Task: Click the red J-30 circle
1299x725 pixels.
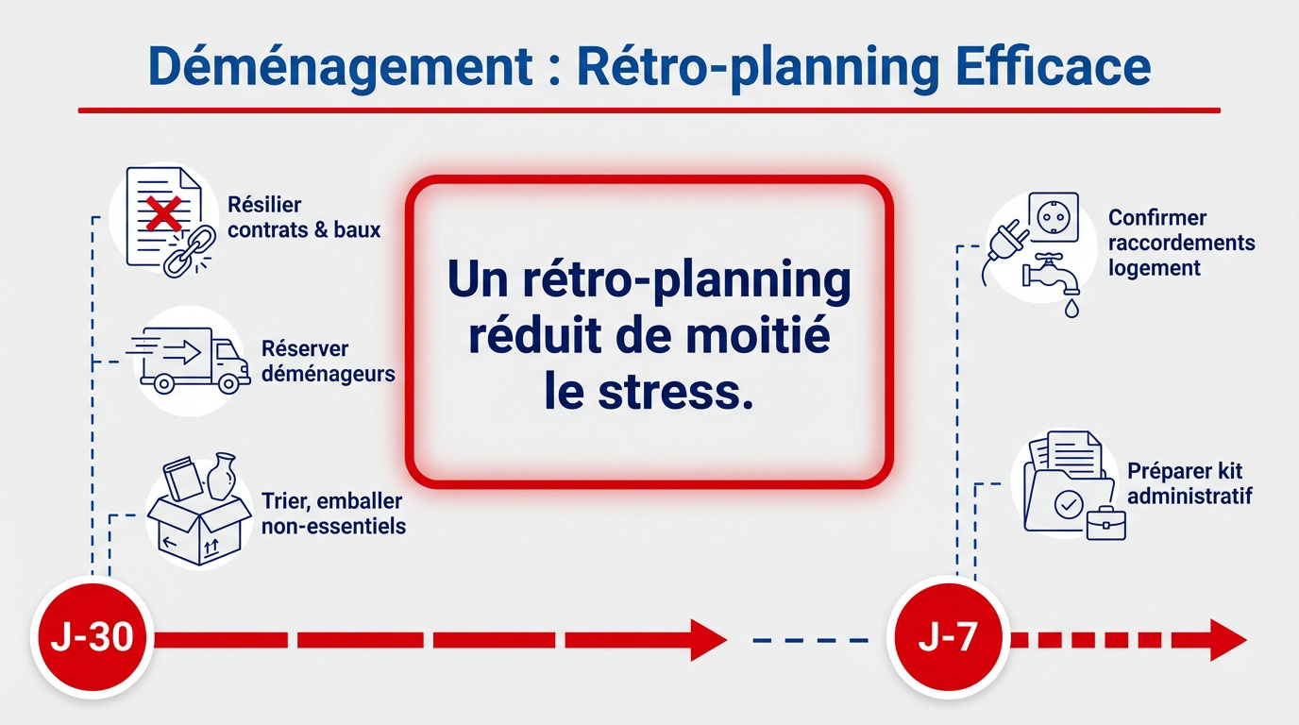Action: pyautogui.click(x=92, y=639)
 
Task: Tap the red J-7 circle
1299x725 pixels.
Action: pyautogui.click(x=948, y=639)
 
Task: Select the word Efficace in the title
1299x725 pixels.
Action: pyautogui.click(x=1053, y=68)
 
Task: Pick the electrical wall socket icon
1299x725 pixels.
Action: pyautogui.click(x=1053, y=218)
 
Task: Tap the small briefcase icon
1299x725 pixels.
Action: pyautogui.click(x=1105, y=522)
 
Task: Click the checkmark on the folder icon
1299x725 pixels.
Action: pyautogui.click(x=1067, y=504)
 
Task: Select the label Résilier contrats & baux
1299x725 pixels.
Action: pyautogui.click(x=303, y=217)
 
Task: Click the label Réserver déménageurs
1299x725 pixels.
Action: pyautogui.click(x=328, y=362)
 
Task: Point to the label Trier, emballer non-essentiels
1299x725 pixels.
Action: pyautogui.click(x=333, y=514)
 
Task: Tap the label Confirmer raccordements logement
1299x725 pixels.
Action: pyautogui.click(x=1180, y=243)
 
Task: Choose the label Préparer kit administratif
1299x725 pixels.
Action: pyautogui.click(x=1189, y=483)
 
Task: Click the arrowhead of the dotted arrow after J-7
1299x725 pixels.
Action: pyautogui.click(x=1227, y=640)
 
